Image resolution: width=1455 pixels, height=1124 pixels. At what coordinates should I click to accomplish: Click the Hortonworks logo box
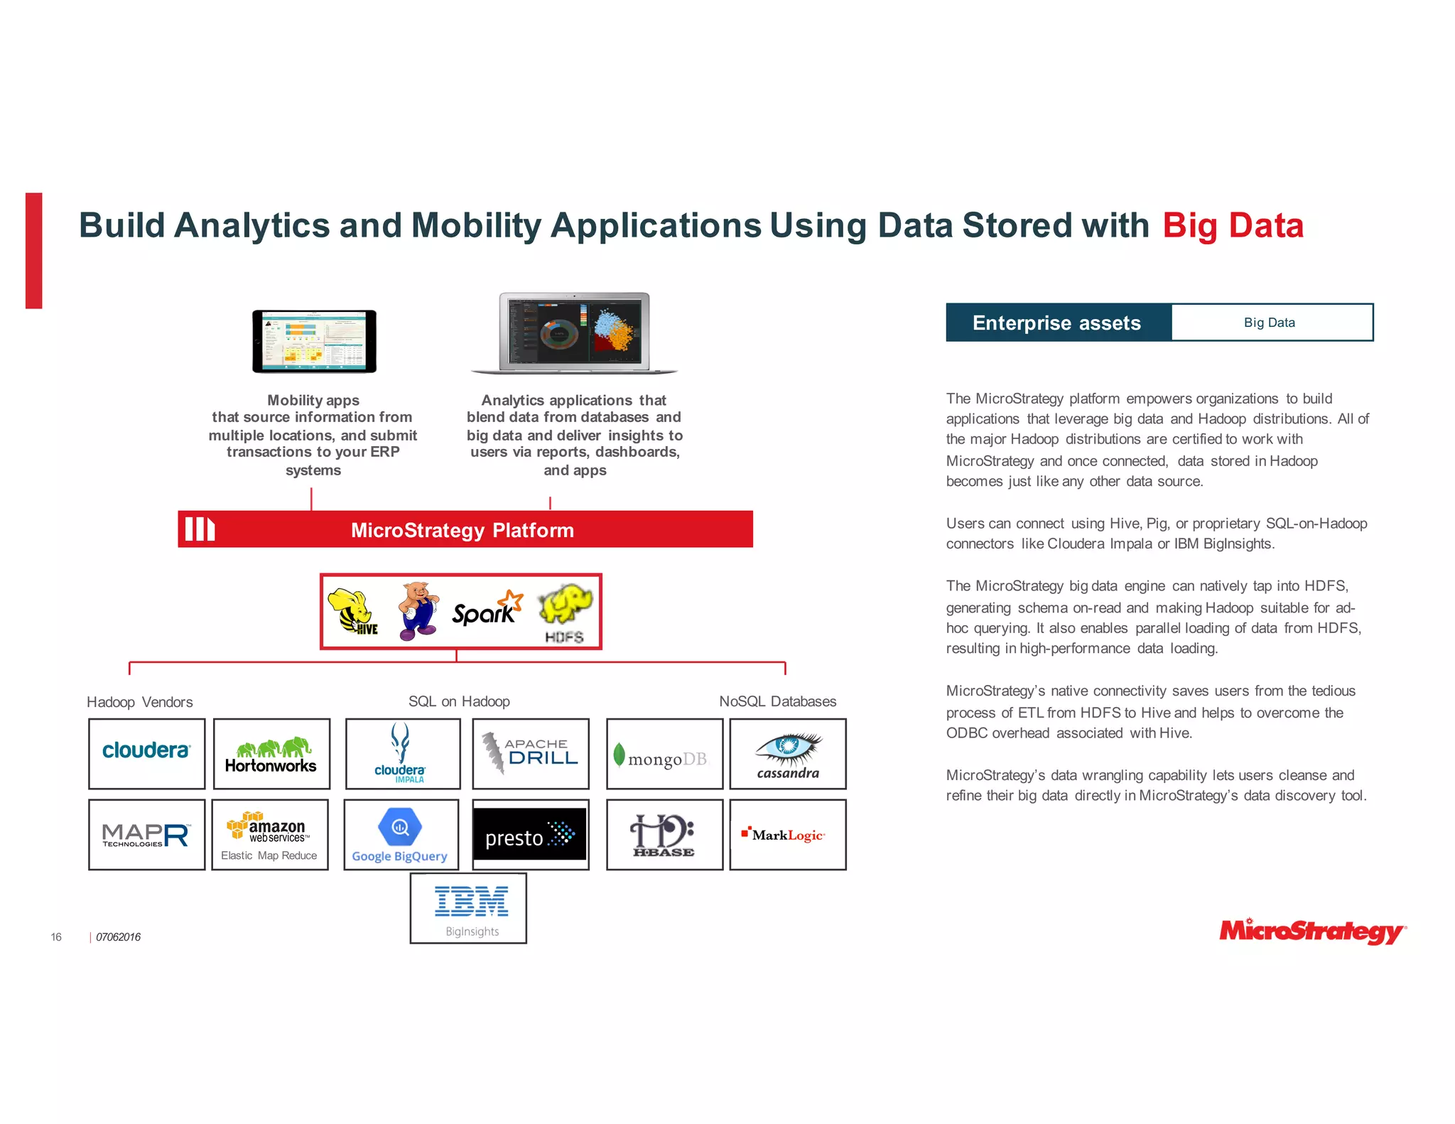[271, 754]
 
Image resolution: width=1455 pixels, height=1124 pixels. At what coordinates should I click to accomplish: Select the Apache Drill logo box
[531, 754]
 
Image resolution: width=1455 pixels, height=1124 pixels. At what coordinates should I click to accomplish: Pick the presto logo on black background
[530, 834]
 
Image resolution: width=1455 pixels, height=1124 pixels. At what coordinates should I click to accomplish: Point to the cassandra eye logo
[788, 754]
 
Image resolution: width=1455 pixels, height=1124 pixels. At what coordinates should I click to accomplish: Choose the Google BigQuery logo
[401, 835]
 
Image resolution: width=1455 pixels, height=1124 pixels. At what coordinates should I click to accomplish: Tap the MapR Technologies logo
[146, 835]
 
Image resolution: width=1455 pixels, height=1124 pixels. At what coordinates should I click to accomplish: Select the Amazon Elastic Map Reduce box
[270, 835]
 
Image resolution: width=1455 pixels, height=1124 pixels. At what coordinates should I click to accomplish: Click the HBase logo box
[664, 835]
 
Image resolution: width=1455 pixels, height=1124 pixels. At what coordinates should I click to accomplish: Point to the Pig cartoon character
[418, 610]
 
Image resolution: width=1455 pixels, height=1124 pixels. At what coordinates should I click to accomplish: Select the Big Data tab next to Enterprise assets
[1271, 323]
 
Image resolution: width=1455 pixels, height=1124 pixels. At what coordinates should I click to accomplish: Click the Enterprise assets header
[1057, 323]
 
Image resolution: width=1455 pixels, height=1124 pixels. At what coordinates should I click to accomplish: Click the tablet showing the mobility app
[314, 341]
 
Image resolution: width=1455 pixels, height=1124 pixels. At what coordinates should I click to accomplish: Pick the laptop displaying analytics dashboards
[574, 333]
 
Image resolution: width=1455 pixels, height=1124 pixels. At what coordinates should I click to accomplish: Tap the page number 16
[56, 937]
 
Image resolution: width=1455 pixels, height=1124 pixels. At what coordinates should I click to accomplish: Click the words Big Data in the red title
[1233, 226]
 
